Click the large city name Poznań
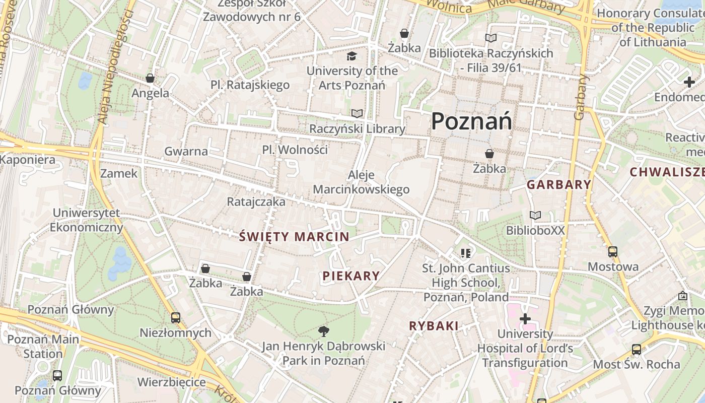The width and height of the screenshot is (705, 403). pyautogui.click(x=471, y=121)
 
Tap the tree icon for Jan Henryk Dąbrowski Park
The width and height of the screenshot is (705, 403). pyautogui.click(x=324, y=331)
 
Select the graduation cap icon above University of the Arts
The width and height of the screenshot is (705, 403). pyautogui.click(x=351, y=56)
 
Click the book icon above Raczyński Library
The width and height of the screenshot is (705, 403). pyautogui.click(x=357, y=114)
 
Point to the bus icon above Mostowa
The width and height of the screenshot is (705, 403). pyautogui.click(x=613, y=251)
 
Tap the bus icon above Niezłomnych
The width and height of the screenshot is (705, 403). pyautogui.click(x=175, y=318)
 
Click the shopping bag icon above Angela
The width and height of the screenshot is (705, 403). pyautogui.click(x=150, y=78)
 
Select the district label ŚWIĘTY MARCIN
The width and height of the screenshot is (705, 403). pyautogui.click(x=294, y=236)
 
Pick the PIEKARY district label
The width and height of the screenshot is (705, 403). pyautogui.click(x=351, y=276)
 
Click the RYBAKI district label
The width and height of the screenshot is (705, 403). pyautogui.click(x=434, y=326)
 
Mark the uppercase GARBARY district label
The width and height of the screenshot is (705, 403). pyautogui.click(x=559, y=185)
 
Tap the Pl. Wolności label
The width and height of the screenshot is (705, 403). pyautogui.click(x=295, y=150)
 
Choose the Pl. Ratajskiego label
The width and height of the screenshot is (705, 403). pyautogui.click(x=250, y=85)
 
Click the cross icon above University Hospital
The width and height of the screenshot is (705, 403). pyautogui.click(x=525, y=319)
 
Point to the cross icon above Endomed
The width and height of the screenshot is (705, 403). pyautogui.click(x=689, y=82)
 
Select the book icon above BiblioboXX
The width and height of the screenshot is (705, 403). pyautogui.click(x=535, y=216)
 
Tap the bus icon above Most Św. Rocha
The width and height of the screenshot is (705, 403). pyautogui.click(x=637, y=349)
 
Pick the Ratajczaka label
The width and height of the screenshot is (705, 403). pyautogui.click(x=256, y=202)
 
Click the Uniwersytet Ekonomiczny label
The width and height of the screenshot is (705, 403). pyautogui.click(x=86, y=220)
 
